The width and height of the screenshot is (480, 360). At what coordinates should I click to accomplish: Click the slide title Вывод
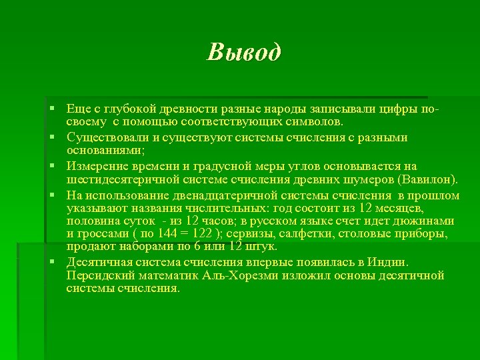coord(244,52)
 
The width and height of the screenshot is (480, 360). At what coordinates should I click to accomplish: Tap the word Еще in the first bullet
coord(77,109)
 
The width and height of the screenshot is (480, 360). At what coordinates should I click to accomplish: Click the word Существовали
coord(107,137)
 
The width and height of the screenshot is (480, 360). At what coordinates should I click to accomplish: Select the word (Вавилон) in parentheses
coord(428,180)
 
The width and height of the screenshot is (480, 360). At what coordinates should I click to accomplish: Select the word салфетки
coord(305,234)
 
